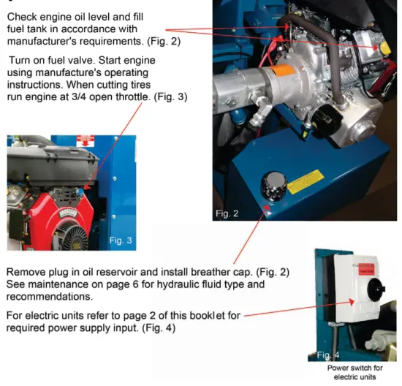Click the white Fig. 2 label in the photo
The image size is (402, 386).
tap(229, 213)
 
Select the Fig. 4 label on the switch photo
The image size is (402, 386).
tap(327, 355)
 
